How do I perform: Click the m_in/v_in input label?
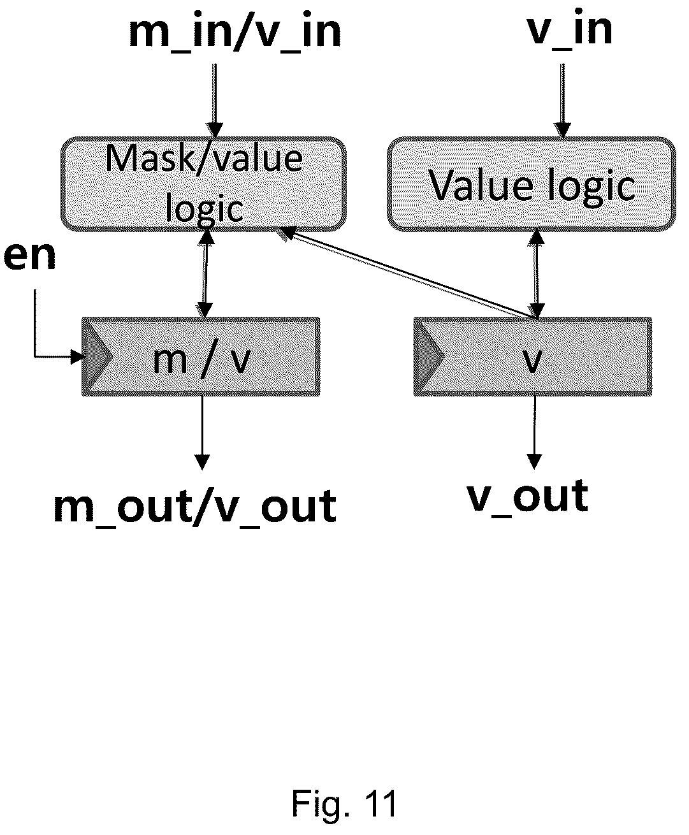[235, 32]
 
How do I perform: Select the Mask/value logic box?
[203, 184]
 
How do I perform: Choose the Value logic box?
[532, 184]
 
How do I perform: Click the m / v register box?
[201, 357]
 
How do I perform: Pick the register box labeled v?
[533, 357]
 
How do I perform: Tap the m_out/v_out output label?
[195, 506]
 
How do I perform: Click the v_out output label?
[528, 496]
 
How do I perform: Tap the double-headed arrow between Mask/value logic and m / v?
[205, 274]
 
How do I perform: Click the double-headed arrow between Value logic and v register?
[537, 274]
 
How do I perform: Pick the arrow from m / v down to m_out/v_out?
[202, 433]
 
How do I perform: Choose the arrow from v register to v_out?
[535, 432]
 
